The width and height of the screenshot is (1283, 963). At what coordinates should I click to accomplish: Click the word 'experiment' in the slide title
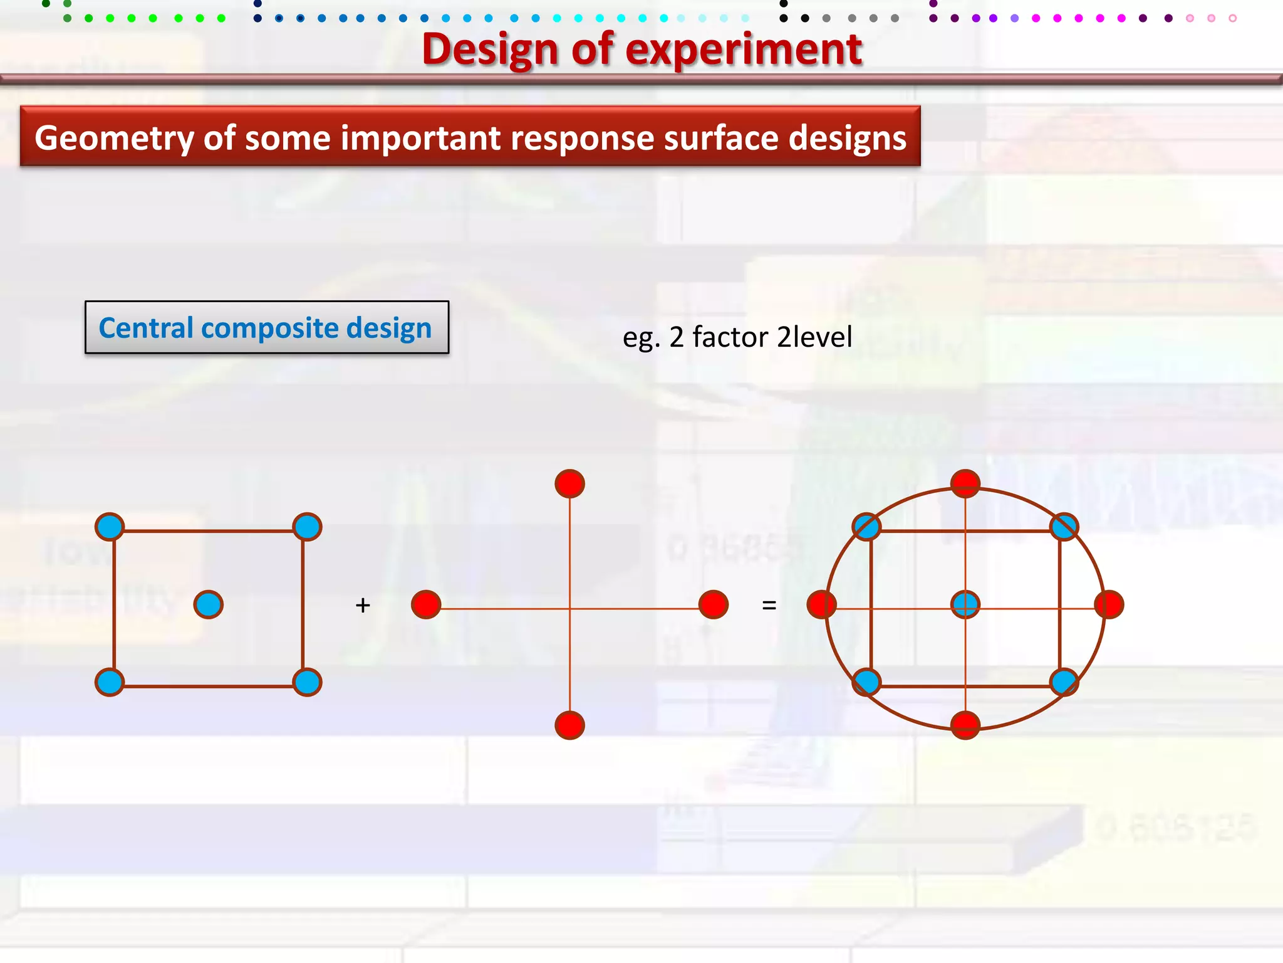click(x=744, y=50)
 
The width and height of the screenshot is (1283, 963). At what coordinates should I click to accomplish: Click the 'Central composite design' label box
click(x=267, y=327)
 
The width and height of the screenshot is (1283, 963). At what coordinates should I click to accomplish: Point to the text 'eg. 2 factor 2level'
click(x=737, y=337)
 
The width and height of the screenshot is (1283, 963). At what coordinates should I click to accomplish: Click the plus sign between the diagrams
click(x=363, y=605)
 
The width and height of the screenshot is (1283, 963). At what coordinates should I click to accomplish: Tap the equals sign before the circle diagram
click(x=769, y=605)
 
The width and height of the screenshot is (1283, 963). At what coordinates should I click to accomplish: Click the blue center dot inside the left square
click(x=209, y=604)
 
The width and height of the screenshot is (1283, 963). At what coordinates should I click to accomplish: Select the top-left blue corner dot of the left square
click(x=110, y=527)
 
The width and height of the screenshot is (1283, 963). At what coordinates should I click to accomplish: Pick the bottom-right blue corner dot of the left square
click(x=307, y=682)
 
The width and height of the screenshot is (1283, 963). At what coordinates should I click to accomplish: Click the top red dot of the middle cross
click(x=569, y=484)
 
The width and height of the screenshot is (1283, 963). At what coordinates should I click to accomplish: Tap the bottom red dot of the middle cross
click(x=569, y=725)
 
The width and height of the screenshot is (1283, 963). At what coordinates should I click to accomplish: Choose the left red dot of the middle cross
click(x=426, y=604)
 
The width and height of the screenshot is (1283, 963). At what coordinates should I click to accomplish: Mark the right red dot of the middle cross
click(x=713, y=604)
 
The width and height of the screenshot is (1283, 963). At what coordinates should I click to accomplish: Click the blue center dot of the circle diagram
click(x=965, y=604)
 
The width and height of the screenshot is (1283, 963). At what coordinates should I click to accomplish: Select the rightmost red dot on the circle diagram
click(x=1109, y=604)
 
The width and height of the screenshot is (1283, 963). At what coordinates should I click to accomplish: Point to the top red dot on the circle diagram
click(x=965, y=483)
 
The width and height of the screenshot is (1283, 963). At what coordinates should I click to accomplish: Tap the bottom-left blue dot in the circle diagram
click(x=866, y=682)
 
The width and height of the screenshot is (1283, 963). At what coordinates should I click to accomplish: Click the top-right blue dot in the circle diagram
click(x=1064, y=527)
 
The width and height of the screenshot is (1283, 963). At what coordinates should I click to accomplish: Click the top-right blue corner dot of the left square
click(x=307, y=527)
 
